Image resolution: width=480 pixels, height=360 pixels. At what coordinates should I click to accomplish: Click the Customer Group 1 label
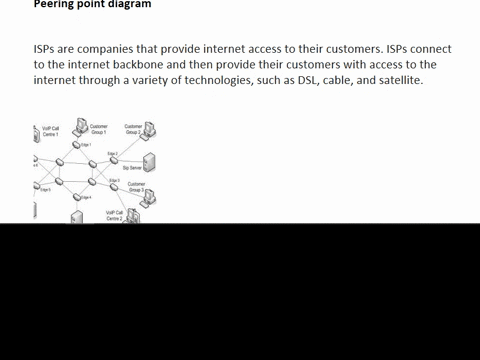tap(99, 129)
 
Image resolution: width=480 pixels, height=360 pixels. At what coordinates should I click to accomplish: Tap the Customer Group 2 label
tap(133, 129)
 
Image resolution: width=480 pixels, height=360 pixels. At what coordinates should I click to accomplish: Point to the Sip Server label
tap(132, 167)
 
